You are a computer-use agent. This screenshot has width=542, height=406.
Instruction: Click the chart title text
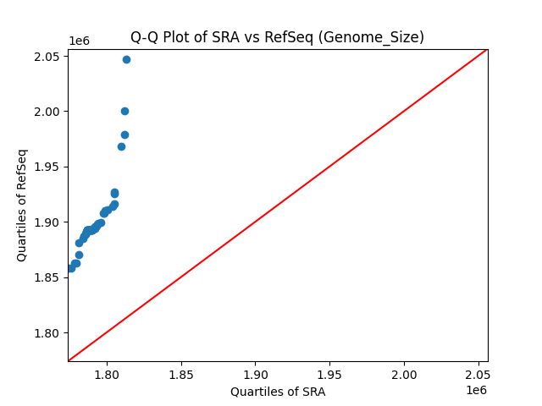(x=277, y=37)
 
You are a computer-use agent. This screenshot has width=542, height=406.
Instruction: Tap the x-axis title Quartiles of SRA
(x=278, y=392)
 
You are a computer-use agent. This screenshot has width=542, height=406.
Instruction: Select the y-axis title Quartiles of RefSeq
(x=22, y=205)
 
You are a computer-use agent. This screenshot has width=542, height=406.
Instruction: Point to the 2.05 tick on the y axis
(x=47, y=57)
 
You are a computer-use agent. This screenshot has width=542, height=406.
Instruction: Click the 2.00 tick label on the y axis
(x=47, y=112)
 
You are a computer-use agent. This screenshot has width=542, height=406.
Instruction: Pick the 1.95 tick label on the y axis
(x=47, y=167)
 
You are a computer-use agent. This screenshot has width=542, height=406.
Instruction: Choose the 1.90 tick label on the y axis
(x=47, y=222)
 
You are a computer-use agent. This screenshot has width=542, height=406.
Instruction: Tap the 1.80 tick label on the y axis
(x=47, y=333)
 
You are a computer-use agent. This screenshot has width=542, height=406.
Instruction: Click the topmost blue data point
(x=126, y=59)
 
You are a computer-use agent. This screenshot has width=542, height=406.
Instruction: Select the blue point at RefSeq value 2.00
(x=124, y=111)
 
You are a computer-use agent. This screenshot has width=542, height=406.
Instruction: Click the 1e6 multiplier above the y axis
(x=80, y=41)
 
